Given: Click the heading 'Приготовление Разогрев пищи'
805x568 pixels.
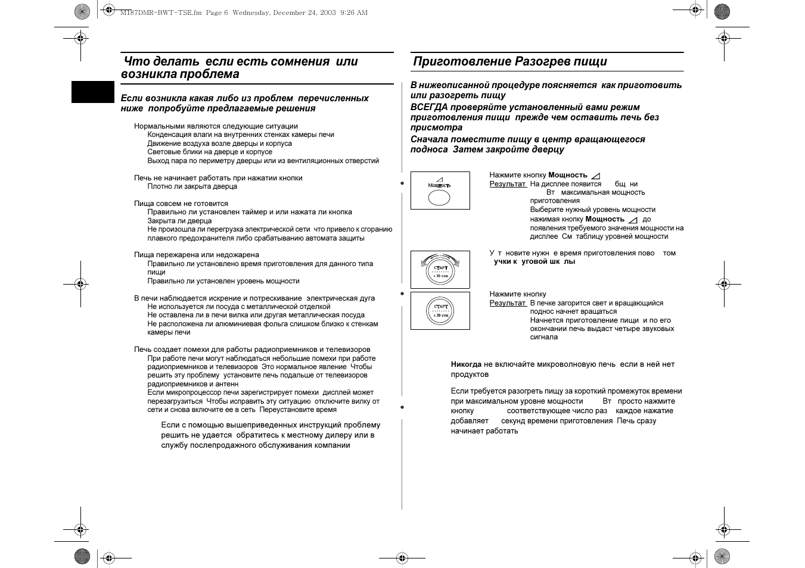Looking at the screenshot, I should [509, 62].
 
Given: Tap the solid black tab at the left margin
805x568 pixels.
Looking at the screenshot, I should [92, 92].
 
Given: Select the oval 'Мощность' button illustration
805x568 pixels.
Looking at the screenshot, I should [439, 196].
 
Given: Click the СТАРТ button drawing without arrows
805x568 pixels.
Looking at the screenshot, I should [440, 310].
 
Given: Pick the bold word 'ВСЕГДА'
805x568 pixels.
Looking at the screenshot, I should [428, 107].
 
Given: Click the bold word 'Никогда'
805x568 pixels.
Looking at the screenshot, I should [466, 364].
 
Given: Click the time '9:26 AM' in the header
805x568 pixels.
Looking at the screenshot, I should [354, 13].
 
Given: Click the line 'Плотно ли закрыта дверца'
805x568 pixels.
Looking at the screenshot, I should [192, 186].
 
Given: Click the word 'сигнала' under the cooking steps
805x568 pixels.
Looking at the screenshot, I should [544, 337].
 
